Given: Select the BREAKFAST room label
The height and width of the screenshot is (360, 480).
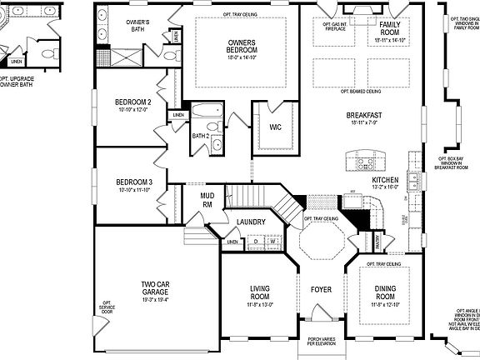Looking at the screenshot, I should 364,116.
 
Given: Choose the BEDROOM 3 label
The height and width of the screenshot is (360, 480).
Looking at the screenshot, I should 133,182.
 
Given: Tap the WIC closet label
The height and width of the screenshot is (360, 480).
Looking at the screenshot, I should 274,127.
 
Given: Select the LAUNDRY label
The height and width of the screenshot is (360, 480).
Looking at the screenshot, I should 250,222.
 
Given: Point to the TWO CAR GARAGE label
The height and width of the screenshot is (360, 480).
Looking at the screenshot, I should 156,290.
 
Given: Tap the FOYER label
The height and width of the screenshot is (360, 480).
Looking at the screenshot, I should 321,291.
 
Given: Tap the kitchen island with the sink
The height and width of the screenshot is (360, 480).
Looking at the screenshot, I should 367,160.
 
